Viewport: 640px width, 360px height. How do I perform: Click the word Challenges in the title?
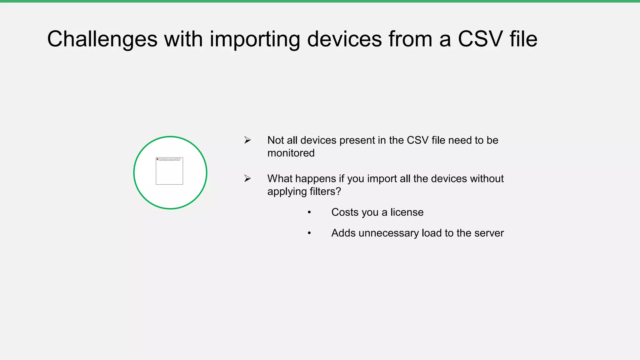(x=102, y=39)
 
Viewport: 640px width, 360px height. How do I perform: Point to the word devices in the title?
(x=344, y=39)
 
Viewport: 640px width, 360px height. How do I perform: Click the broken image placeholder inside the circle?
(x=169, y=171)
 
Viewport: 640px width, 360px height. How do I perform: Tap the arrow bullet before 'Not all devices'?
(x=247, y=140)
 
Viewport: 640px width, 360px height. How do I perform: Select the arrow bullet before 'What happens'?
(x=247, y=179)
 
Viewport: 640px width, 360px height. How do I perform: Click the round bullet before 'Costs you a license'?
(x=309, y=212)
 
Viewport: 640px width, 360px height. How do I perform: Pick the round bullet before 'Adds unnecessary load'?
(x=309, y=233)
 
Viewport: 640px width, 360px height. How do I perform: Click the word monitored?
(x=291, y=153)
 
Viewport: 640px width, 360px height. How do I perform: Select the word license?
(x=407, y=212)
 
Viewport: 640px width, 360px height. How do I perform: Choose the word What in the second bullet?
(x=280, y=179)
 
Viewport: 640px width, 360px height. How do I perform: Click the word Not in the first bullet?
(x=275, y=140)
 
